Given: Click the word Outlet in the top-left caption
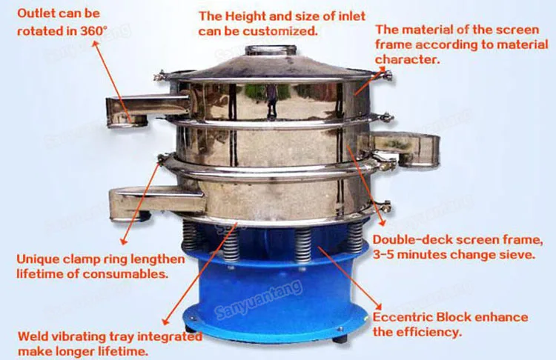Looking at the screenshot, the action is click(36, 13).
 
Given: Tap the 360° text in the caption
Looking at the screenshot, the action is click(93, 31).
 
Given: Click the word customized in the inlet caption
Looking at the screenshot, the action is click(285, 31).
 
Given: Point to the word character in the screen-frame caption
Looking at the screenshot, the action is click(408, 59).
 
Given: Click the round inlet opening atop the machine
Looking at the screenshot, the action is click(271, 50).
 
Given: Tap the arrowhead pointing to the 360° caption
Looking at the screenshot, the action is click(96, 44).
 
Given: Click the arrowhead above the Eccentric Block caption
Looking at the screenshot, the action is click(378, 306).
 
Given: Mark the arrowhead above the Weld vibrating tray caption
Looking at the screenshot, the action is click(165, 321).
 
